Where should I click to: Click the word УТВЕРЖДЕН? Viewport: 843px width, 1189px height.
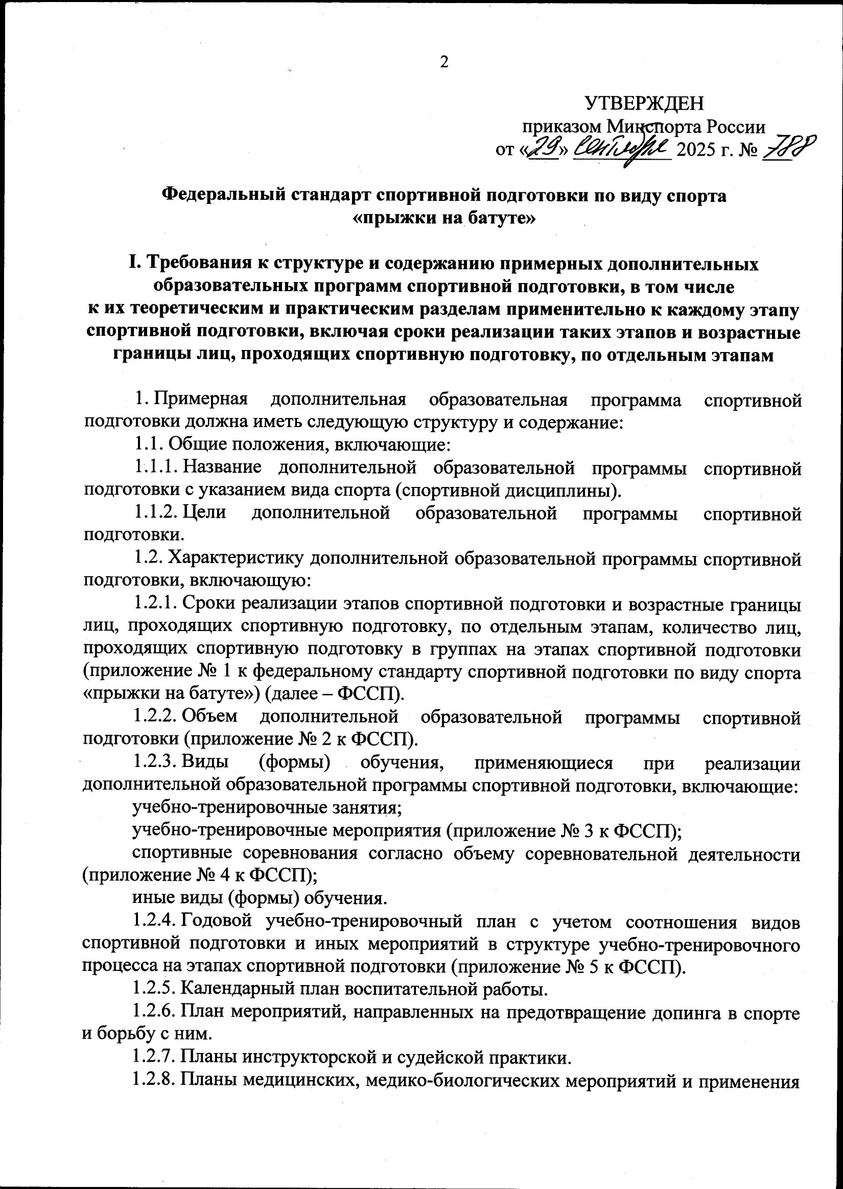(x=645, y=104)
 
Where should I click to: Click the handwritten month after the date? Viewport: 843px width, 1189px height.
(x=622, y=149)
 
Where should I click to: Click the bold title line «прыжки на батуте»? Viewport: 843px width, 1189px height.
(x=444, y=218)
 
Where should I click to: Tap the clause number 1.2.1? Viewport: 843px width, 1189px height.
(x=156, y=605)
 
